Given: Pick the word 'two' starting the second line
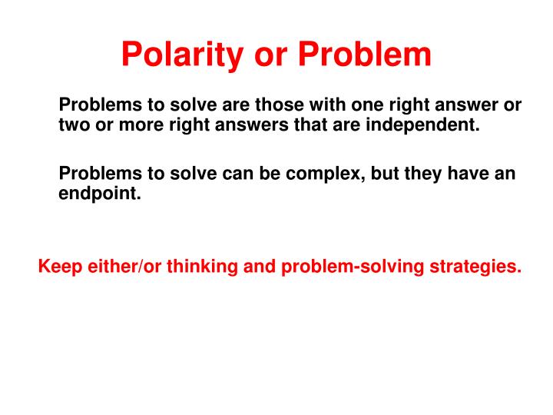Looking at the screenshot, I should pos(73,125).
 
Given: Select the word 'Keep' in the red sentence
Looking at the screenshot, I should pos(58,267).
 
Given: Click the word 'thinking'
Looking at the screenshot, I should pos(187,267).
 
